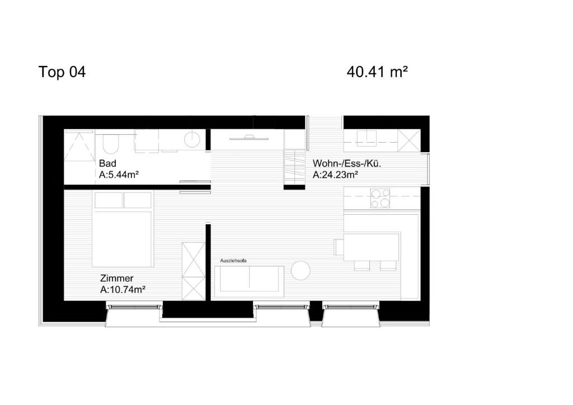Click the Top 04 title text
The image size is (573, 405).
(62, 72)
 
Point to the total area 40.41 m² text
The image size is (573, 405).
(377, 72)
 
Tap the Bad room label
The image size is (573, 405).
(107, 164)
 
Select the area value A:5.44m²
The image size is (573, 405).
(119, 175)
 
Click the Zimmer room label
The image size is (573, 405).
(116, 278)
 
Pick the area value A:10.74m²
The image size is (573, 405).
(123, 289)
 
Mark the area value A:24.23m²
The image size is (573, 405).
(335, 175)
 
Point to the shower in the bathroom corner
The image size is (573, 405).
(79, 145)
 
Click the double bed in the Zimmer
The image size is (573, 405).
(123, 229)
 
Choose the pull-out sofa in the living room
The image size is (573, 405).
(249, 279)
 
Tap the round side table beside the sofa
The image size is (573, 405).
(300, 271)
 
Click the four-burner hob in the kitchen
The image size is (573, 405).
(381, 198)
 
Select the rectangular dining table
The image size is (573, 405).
(371, 247)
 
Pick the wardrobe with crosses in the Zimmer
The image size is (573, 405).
(194, 271)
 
